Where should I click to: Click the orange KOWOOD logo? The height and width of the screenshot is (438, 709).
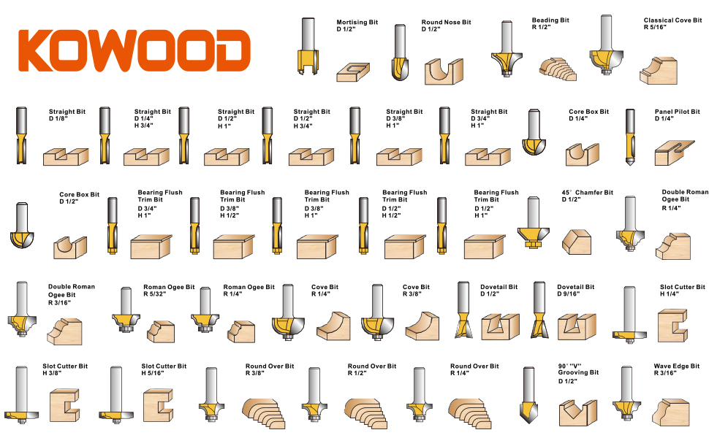click(x=134, y=50)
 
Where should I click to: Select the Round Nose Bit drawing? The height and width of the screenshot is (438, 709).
click(x=400, y=53)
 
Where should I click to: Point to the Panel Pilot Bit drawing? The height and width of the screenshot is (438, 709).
click(x=630, y=136)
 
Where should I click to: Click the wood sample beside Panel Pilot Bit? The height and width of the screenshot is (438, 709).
click(x=674, y=153)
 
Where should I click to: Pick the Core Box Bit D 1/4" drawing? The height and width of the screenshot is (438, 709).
click(x=534, y=132)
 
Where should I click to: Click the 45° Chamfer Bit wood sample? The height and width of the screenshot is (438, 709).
click(x=577, y=242)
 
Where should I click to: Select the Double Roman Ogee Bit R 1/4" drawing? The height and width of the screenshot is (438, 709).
click(x=630, y=223)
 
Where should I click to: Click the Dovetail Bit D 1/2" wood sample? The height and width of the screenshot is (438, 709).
click(x=500, y=326)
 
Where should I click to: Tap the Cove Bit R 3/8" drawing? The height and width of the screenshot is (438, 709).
click(x=377, y=312)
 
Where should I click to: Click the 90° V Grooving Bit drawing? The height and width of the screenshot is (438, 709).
click(x=528, y=395)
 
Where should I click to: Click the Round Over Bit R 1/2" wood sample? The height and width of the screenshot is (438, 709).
click(x=365, y=412)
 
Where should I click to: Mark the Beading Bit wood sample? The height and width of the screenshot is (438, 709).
click(x=558, y=69)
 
